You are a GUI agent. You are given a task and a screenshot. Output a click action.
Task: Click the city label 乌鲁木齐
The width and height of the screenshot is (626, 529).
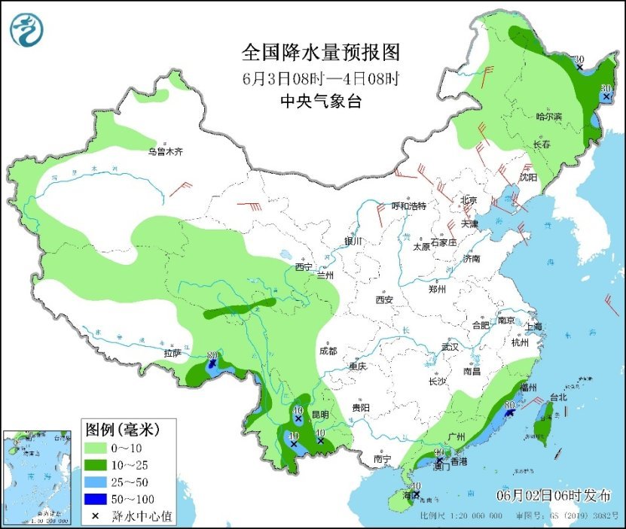165,152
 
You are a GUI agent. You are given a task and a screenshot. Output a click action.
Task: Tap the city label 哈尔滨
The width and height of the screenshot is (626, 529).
548,117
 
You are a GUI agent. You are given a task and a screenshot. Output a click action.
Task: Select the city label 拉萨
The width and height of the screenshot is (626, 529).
173,352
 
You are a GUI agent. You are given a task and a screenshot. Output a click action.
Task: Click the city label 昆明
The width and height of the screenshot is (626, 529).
320,414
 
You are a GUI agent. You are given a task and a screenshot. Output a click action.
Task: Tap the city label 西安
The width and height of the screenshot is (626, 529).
384,299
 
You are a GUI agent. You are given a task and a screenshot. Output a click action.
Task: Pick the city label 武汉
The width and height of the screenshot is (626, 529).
450,347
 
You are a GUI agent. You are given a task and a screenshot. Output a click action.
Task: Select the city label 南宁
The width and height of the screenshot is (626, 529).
383,458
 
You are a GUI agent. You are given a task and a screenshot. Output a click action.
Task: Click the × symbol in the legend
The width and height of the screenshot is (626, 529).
96,516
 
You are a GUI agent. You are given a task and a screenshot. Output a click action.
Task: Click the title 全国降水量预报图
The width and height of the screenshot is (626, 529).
320,53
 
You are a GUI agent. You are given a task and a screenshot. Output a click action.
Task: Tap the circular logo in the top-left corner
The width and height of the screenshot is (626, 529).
26,29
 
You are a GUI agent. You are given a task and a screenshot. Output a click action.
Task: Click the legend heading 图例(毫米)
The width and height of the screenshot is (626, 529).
121,430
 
